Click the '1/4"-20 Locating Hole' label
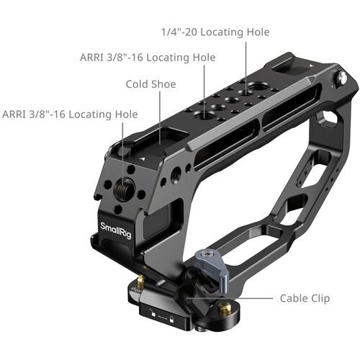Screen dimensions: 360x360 (x=215, y=32)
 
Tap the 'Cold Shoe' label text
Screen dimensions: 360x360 (x=150, y=84)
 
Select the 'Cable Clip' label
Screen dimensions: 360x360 (x=305, y=298)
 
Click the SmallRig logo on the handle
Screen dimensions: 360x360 (x=116, y=230)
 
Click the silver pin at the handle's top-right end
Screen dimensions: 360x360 (x=341, y=78)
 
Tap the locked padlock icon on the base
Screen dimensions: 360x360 (x=171, y=319)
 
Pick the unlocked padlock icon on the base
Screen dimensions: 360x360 (x=152, y=312)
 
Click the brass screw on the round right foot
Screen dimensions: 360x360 (x=225, y=308)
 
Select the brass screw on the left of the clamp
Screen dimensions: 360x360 (x=140, y=282)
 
